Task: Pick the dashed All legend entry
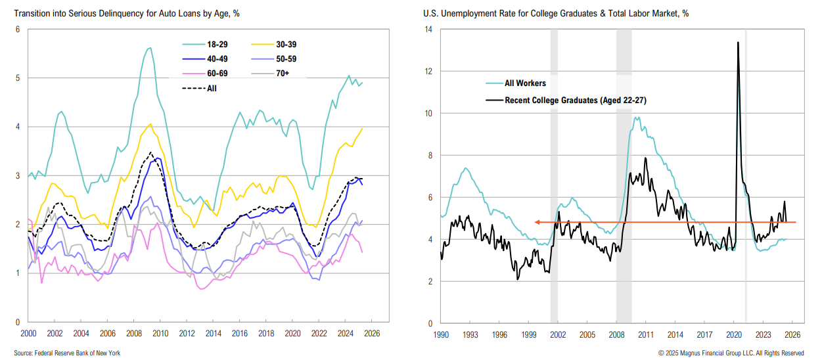click(201, 88)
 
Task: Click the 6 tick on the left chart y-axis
click(18, 30)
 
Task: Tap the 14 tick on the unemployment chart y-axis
click(428, 30)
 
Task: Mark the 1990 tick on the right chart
click(441, 334)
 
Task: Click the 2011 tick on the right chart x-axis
click(646, 334)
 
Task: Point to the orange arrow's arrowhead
click(537, 222)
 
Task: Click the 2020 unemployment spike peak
click(738, 43)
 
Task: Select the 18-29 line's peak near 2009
click(149, 47)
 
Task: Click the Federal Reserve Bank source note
click(67, 353)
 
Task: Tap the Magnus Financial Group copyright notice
click(731, 353)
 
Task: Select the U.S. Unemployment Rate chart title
click(555, 13)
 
